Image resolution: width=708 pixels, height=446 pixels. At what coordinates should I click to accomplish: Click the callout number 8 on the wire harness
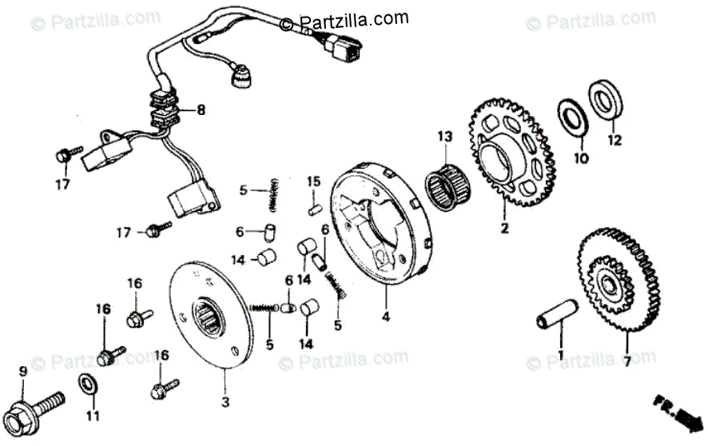click(x=201, y=110)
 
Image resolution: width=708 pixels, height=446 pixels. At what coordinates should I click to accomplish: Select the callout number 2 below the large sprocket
click(x=504, y=229)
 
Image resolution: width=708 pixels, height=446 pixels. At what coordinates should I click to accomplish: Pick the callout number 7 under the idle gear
click(x=626, y=361)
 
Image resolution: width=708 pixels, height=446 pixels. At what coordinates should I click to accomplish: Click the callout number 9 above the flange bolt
click(x=22, y=370)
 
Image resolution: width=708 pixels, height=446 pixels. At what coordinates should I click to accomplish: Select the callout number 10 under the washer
click(x=581, y=158)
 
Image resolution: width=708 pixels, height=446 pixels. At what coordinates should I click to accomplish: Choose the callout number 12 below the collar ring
click(x=614, y=141)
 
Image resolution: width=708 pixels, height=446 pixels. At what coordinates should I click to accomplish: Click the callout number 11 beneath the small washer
click(x=93, y=416)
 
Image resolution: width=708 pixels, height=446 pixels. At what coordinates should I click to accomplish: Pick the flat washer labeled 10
click(x=573, y=116)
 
